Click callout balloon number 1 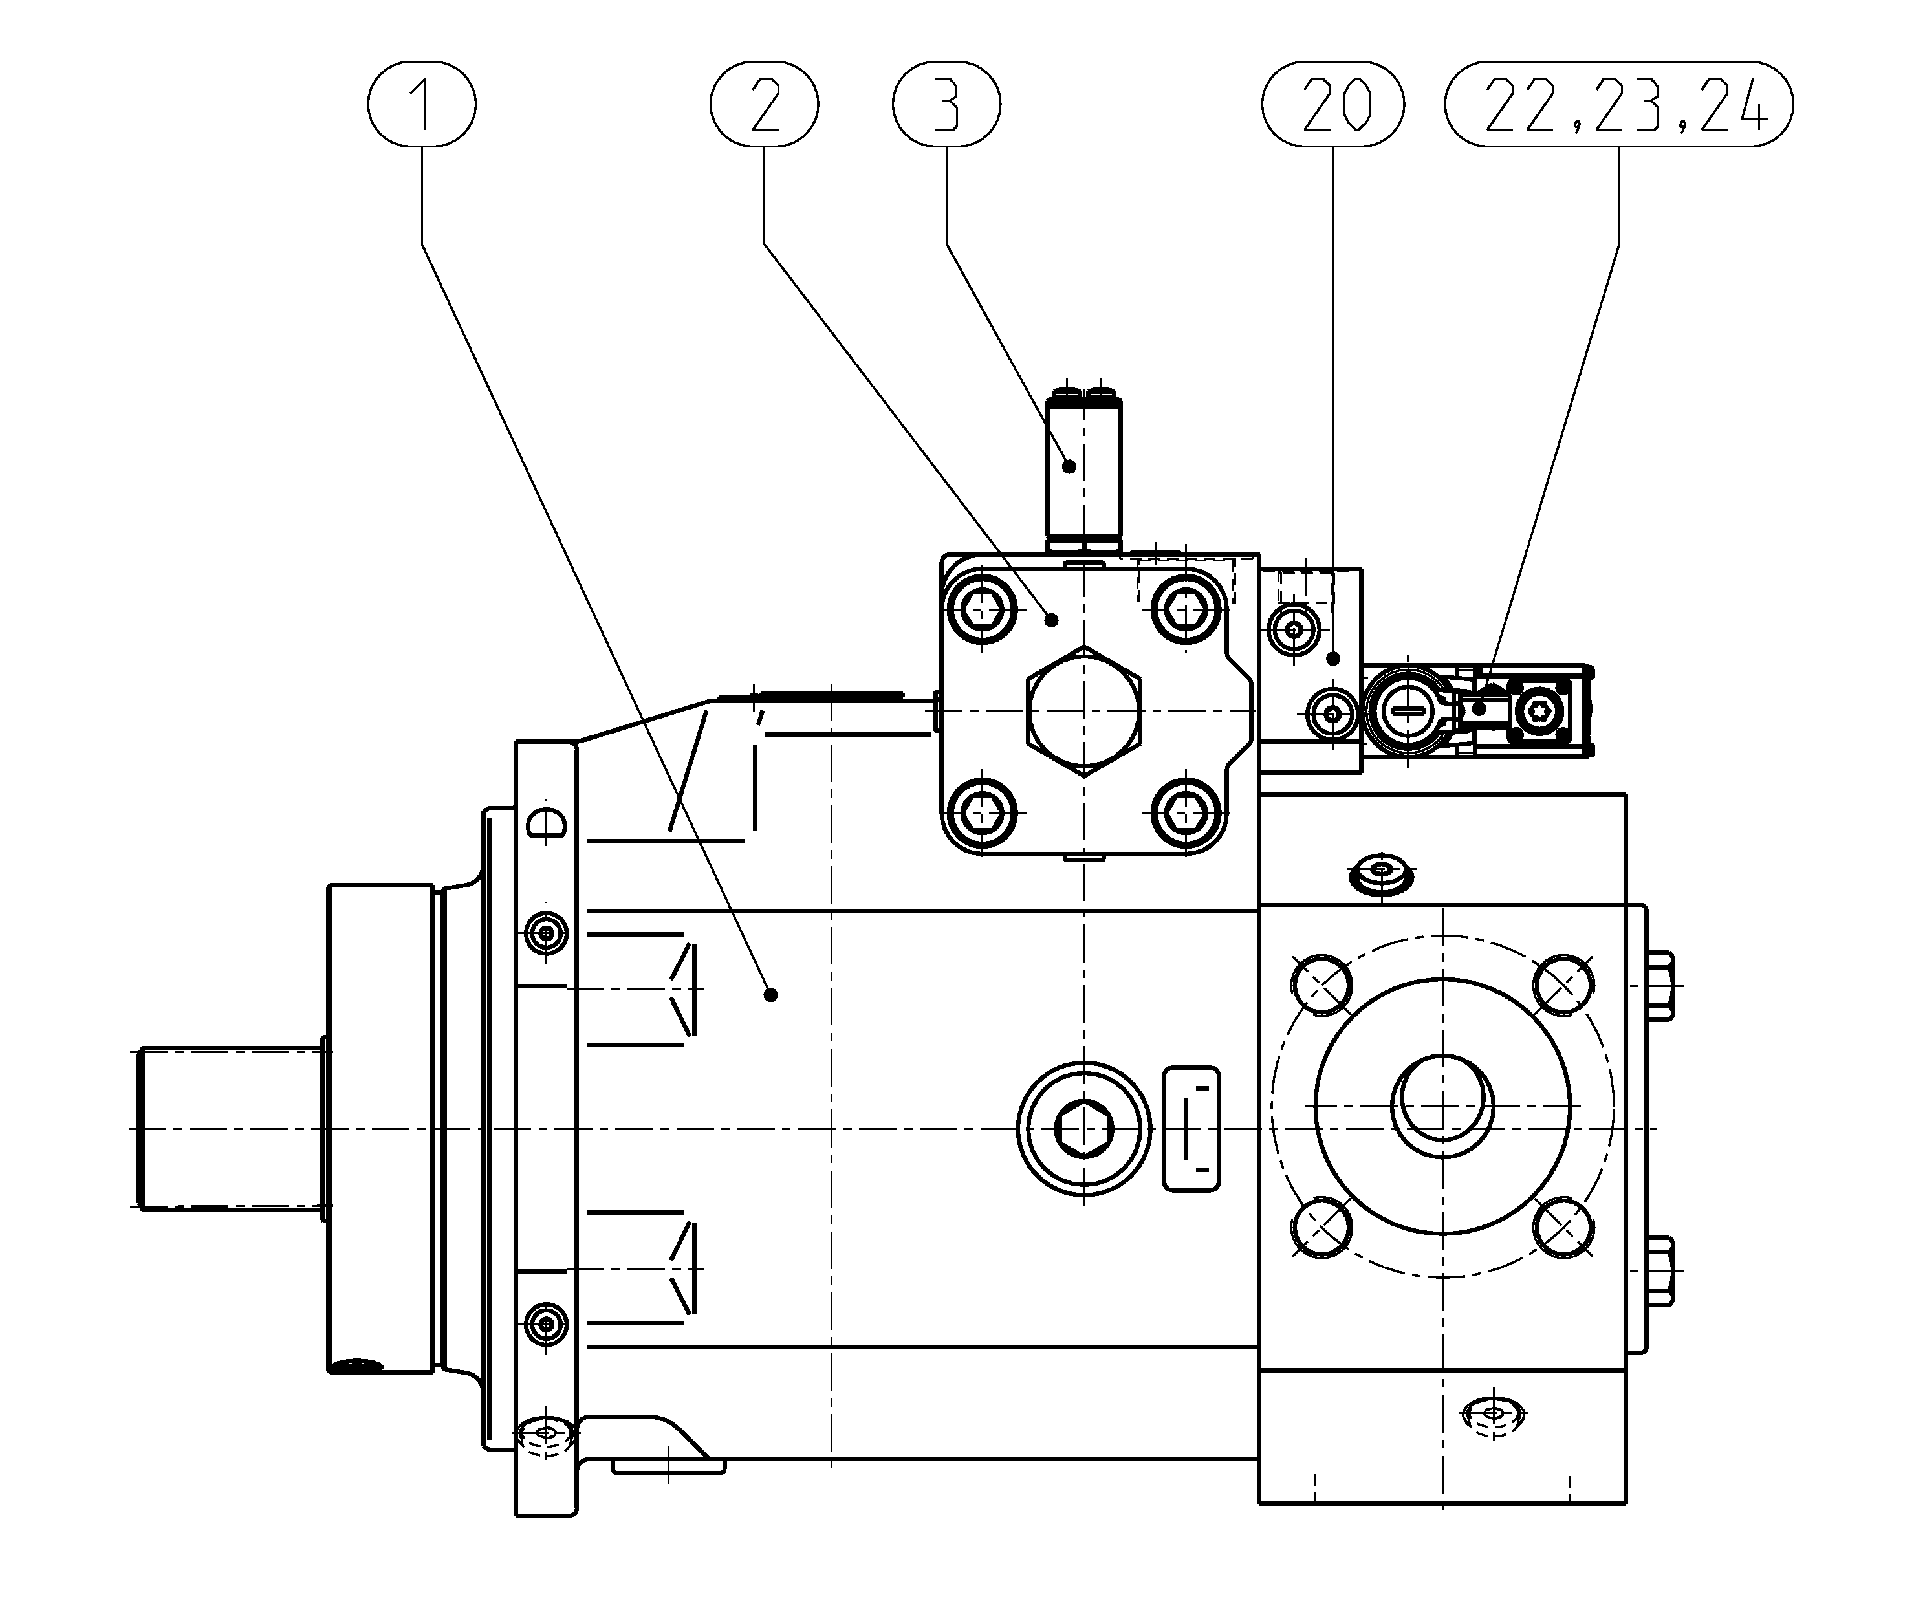(422, 103)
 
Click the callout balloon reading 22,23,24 (1619, 103)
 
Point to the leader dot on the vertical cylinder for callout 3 (1069, 466)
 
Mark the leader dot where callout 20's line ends (1334, 658)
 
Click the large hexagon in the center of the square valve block (1084, 711)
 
